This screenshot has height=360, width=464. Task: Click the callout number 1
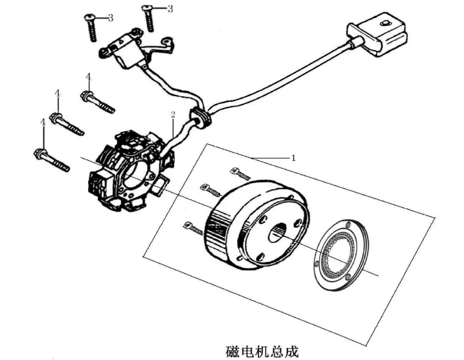(293, 158)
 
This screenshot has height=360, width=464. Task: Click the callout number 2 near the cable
(173, 115)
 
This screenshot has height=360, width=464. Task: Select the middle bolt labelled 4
(67, 124)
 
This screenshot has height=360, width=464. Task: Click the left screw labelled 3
(90, 28)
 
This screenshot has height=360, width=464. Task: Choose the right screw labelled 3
(149, 18)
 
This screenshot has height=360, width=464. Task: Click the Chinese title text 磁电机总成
(262, 351)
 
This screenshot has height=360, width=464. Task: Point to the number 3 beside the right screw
(170, 9)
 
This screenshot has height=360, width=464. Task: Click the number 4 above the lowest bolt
(43, 122)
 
